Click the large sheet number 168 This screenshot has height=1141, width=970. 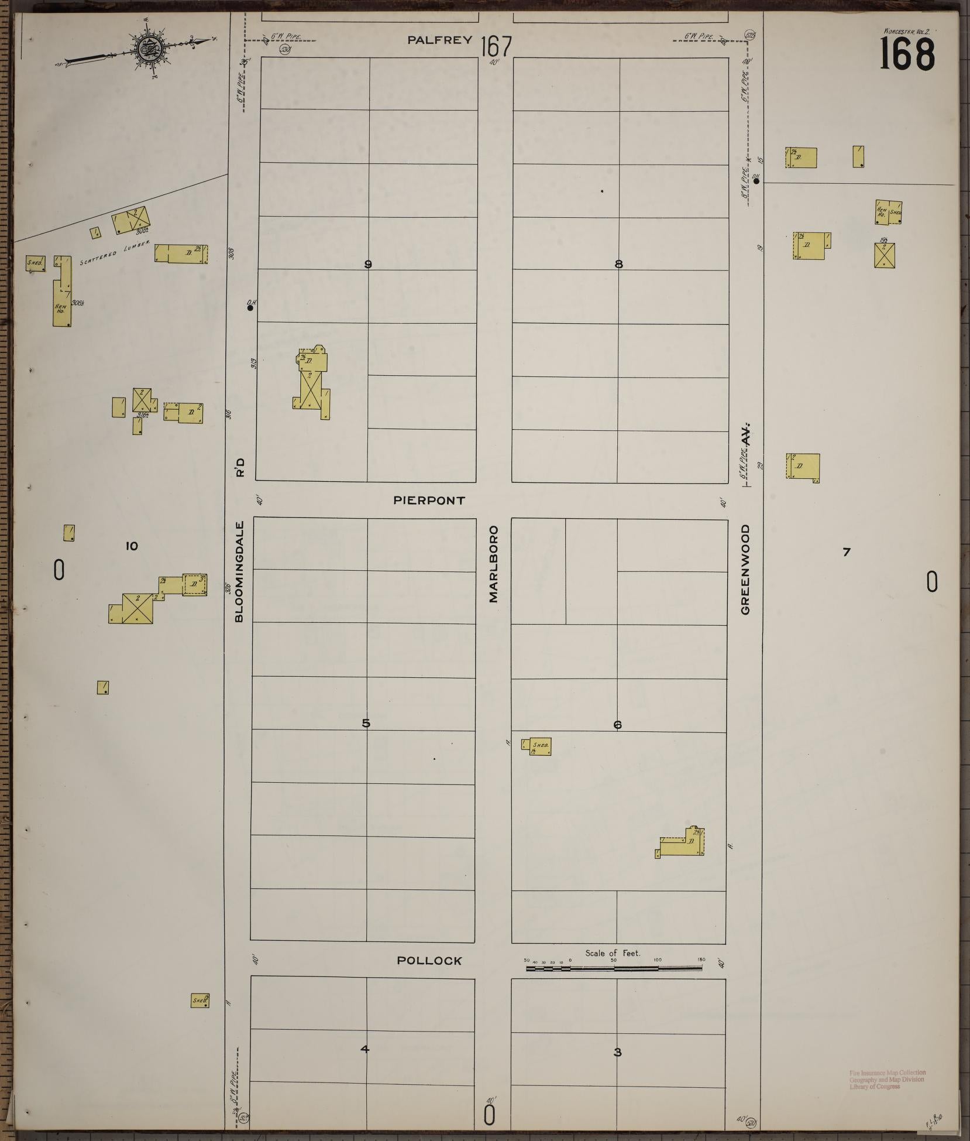click(907, 54)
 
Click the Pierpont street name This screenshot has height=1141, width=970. click(429, 501)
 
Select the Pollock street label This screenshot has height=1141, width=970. click(429, 961)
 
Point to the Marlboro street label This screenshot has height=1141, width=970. click(494, 564)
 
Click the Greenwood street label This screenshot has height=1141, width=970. click(745, 570)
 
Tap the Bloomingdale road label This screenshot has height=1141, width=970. click(239, 571)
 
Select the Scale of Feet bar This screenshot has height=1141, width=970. click(614, 968)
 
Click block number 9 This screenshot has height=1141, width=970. click(368, 265)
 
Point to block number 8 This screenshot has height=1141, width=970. click(618, 265)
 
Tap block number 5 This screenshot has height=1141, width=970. click(366, 724)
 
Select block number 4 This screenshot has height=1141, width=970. click(365, 1049)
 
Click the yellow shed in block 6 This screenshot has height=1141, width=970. click(540, 746)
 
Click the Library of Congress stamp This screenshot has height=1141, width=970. click(887, 1080)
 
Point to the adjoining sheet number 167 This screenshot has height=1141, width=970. click(496, 46)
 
